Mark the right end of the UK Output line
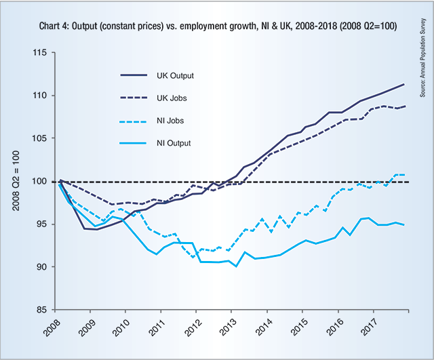pyautogui.click(x=405, y=84)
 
